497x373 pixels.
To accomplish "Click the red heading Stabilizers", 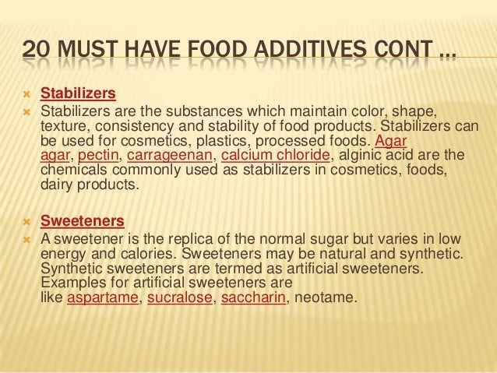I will pos(78,94).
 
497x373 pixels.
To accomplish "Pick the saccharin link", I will pos(255,297).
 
